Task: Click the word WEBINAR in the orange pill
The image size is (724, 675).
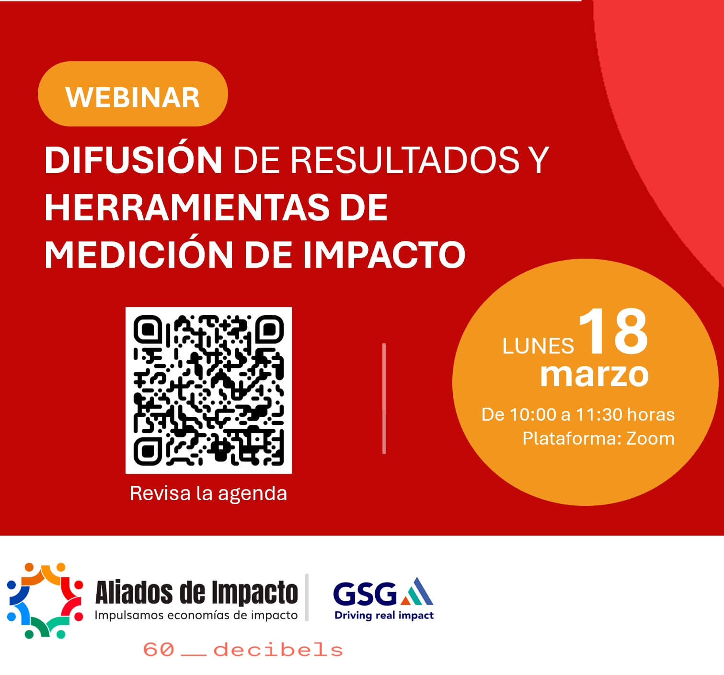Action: pos(133,98)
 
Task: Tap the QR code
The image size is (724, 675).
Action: pos(208,390)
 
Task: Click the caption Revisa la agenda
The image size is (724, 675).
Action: pos(208,494)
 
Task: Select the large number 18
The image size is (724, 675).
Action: pos(613,332)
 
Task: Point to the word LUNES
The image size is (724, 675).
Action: pos(538,346)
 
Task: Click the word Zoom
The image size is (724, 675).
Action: pos(650,438)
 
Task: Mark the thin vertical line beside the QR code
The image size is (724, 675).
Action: pos(384,398)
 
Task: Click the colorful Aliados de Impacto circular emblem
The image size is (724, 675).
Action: pos(45,601)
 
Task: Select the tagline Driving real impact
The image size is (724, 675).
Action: pos(384,616)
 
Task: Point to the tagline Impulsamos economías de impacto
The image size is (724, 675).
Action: pos(196,615)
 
